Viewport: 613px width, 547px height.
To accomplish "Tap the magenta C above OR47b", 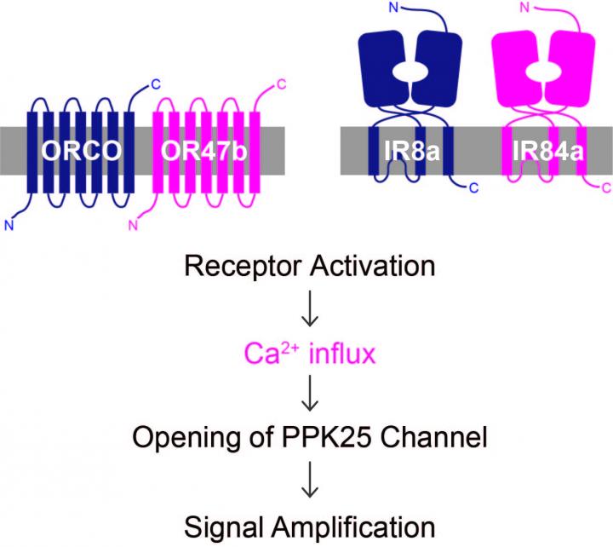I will click(282, 82).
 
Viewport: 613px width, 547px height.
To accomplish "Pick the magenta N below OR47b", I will click(132, 226).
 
